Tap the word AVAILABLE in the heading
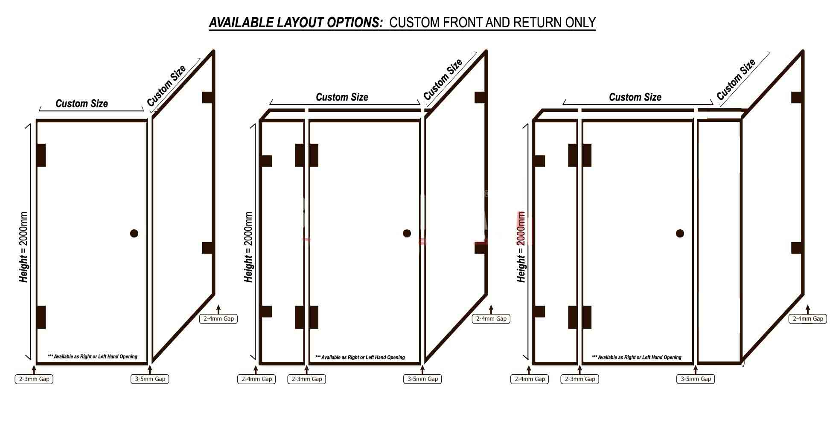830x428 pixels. [x=241, y=22]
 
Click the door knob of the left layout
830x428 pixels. [x=134, y=233]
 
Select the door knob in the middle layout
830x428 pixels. [x=407, y=233]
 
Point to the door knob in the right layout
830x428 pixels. [x=680, y=233]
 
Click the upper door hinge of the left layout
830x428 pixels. [x=41, y=155]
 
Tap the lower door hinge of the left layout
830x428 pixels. [x=41, y=317]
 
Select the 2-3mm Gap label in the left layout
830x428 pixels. [x=34, y=379]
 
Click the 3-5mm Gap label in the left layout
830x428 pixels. [x=150, y=379]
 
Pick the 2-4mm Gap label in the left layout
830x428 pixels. [x=218, y=318]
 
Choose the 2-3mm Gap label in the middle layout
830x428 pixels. [x=307, y=379]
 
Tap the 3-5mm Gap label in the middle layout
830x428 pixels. [x=422, y=379]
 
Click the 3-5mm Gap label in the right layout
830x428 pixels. [x=696, y=379]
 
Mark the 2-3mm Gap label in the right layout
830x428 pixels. [x=580, y=379]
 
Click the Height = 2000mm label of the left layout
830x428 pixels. [x=23, y=247]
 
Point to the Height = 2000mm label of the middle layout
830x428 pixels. [x=248, y=247]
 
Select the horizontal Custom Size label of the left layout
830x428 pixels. [x=82, y=104]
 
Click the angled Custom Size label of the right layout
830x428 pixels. [x=736, y=79]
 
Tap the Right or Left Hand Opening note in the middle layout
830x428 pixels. [x=360, y=357]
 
